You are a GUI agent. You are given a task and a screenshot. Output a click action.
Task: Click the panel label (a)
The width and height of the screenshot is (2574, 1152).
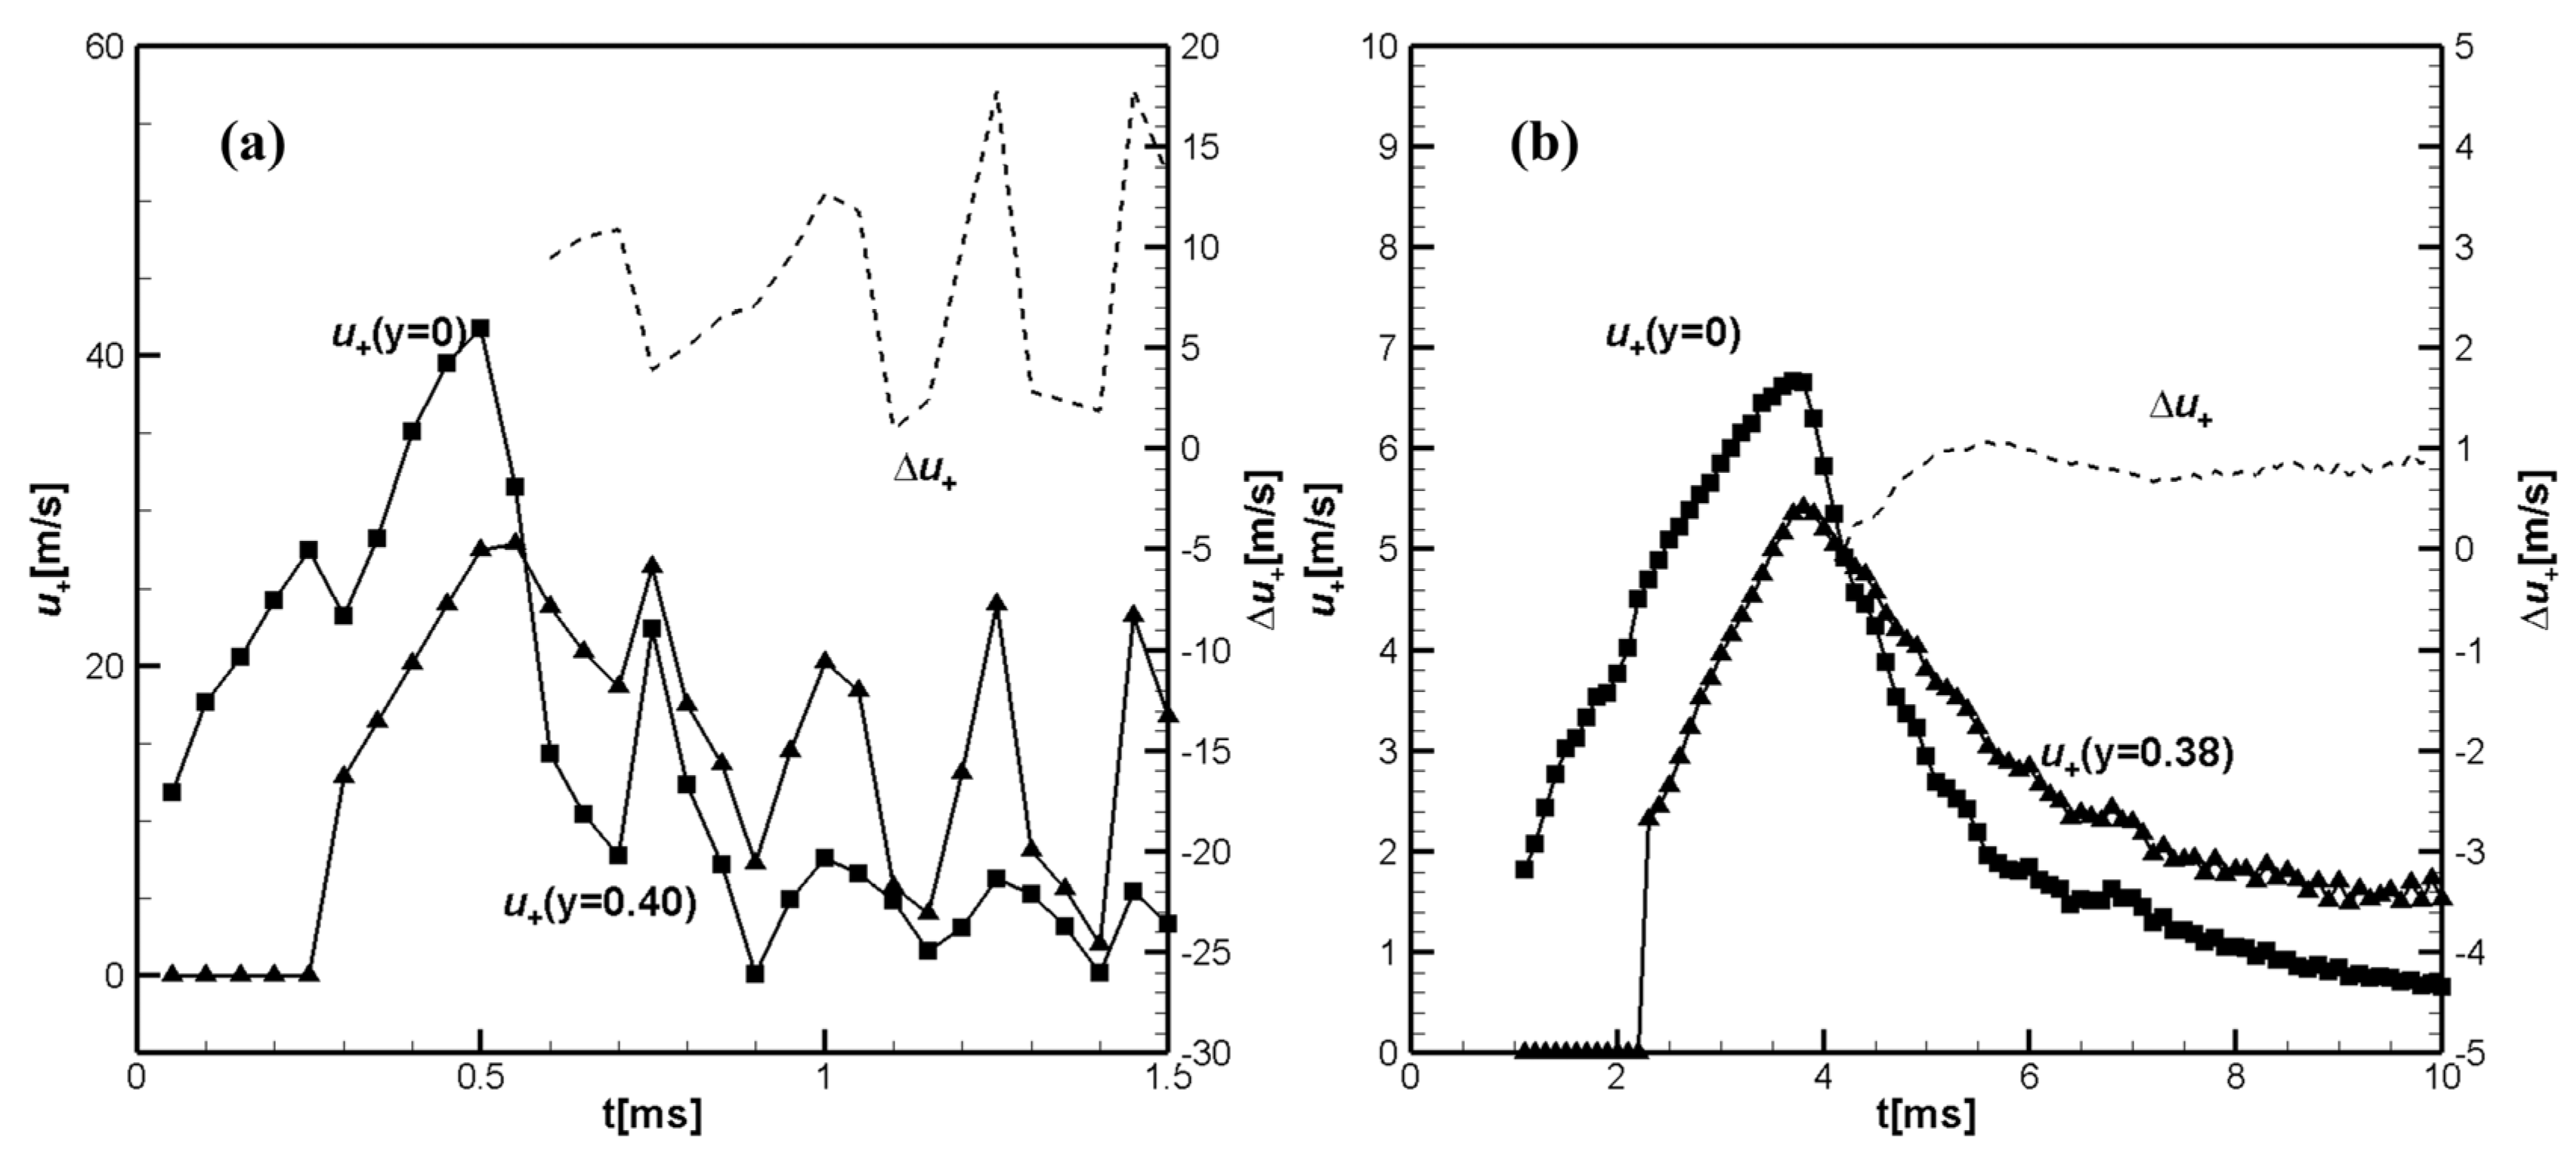(252, 146)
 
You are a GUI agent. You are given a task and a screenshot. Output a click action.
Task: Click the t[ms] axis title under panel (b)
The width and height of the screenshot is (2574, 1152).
(1926, 1114)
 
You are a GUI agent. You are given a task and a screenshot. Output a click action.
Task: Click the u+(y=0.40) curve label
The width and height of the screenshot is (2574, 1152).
(598, 904)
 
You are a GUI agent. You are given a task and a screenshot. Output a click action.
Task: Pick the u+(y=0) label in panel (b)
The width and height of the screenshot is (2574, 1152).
(1673, 335)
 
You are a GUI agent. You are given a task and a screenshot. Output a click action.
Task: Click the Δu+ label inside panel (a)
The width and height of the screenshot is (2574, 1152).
(924, 471)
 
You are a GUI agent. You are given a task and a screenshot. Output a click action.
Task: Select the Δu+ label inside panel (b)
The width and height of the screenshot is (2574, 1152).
(2180, 409)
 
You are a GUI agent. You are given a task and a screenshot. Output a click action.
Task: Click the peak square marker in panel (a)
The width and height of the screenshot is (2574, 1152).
(481, 329)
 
